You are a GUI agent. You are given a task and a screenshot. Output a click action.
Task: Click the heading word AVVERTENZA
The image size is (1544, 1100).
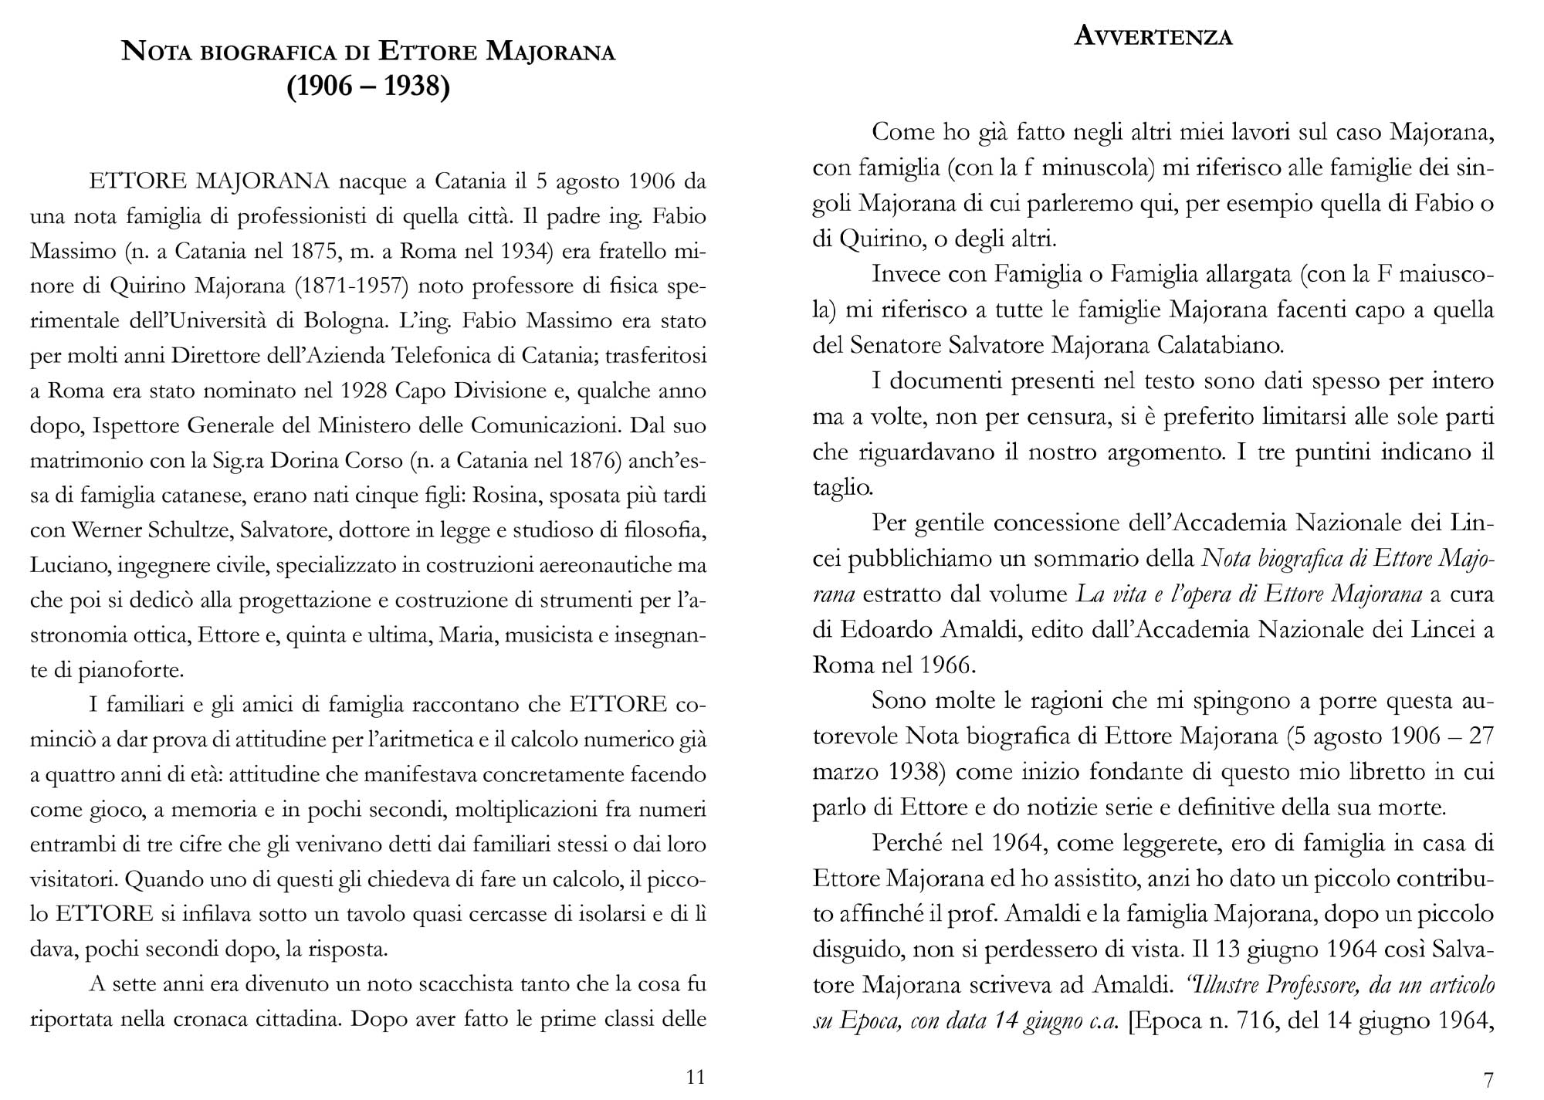tap(1153, 36)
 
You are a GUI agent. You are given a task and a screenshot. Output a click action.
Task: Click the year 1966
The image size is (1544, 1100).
tap(949, 665)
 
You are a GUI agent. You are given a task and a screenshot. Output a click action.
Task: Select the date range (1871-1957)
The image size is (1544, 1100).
tap(351, 286)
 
